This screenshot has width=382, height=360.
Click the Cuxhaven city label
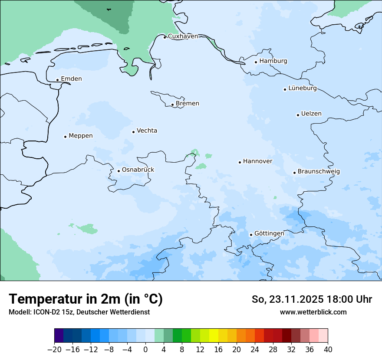tap(183, 36)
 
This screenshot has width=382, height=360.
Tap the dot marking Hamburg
tap(256, 62)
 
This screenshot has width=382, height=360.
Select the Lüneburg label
tap(303, 88)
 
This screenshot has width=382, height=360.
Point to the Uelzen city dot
tap(298, 115)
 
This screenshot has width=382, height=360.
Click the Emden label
tap(71, 79)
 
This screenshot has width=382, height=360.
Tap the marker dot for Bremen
tap(172, 105)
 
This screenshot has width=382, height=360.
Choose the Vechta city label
tap(147, 131)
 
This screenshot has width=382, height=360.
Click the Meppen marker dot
tap(66, 137)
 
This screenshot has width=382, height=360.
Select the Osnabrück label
tap(138, 170)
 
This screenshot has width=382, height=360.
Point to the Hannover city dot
tap(240, 162)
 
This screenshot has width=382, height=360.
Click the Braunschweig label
tap(319, 172)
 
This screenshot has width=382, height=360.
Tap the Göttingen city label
tap(269, 234)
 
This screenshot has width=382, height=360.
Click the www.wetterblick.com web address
tap(313, 312)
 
